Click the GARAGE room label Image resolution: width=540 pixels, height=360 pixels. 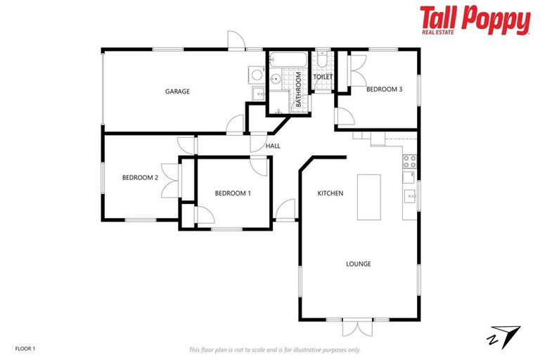[177, 91]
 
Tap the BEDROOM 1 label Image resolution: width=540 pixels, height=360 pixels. [232, 193]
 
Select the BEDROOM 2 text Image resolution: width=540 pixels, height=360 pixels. [140, 178]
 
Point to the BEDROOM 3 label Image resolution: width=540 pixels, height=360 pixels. [385, 89]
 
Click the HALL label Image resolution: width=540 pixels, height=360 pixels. [273, 146]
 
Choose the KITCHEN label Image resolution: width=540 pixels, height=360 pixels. [330, 193]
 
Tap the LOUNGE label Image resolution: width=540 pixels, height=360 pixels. [358, 264]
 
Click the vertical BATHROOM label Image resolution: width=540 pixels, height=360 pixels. [298, 89]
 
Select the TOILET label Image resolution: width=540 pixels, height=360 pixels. [322, 77]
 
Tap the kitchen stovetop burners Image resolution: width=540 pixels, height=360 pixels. [409, 161]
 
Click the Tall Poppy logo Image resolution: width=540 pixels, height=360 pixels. [475, 20]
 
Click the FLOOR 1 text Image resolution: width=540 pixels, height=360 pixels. [25, 348]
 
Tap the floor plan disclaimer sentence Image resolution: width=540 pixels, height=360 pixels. [274, 349]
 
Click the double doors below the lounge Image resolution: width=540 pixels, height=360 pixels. [358, 327]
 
